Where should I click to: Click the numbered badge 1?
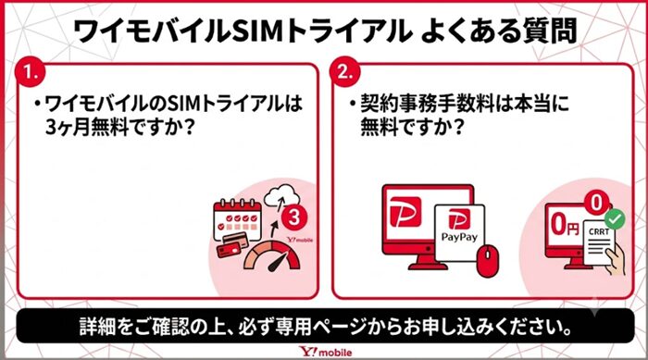pyautogui.click(x=31, y=72)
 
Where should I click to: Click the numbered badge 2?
pyautogui.click(x=345, y=72)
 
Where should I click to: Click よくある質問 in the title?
pyautogui.click(x=498, y=31)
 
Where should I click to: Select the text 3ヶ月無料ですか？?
pyautogui.click(x=119, y=127)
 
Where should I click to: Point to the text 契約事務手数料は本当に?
pyautogui.click(x=465, y=104)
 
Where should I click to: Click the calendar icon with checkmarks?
pyautogui.click(x=238, y=219)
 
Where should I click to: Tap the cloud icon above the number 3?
pyautogui.click(x=281, y=196)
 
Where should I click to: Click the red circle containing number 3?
pyautogui.click(x=294, y=217)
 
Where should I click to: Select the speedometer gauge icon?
pyautogui.click(x=272, y=256)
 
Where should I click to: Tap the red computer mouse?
pyautogui.click(x=488, y=260)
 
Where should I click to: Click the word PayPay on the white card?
pyautogui.click(x=459, y=237)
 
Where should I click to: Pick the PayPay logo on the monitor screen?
pyautogui.click(x=405, y=212)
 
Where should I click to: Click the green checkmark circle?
pyautogui.click(x=615, y=219)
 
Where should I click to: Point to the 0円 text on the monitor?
pyautogui.click(x=565, y=225)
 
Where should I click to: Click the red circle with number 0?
pyautogui.click(x=596, y=203)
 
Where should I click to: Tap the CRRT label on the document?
pyautogui.click(x=599, y=232)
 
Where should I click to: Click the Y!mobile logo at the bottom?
pyautogui.click(x=326, y=352)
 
